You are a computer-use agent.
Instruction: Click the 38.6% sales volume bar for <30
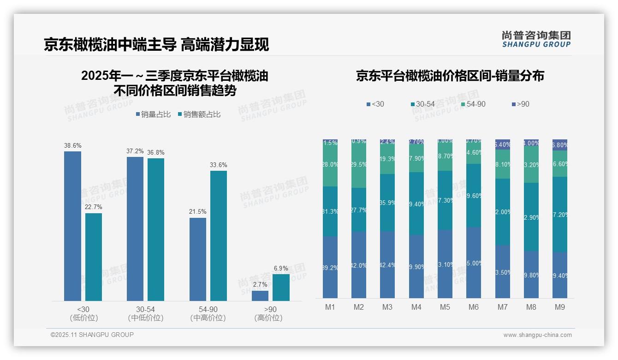(72, 226)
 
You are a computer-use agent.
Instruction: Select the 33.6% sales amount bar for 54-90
(219, 236)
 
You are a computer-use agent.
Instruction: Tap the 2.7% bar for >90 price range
(260, 296)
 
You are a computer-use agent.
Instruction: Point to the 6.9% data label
(281, 268)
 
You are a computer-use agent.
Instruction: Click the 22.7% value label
(94, 207)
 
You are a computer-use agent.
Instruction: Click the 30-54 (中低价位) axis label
(145, 313)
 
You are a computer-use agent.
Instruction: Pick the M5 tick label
(445, 307)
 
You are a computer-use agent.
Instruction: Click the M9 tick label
(560, 307)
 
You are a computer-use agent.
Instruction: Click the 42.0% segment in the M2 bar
(359, 265)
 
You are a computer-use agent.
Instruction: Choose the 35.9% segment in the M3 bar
(387, 203)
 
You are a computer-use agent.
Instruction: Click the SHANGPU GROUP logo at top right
(536, 39)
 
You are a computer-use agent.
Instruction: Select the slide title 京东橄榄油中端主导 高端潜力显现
(156, 45)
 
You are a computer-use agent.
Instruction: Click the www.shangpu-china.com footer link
(537, 335)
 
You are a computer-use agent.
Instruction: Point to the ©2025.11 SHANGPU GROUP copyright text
(92, 335)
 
